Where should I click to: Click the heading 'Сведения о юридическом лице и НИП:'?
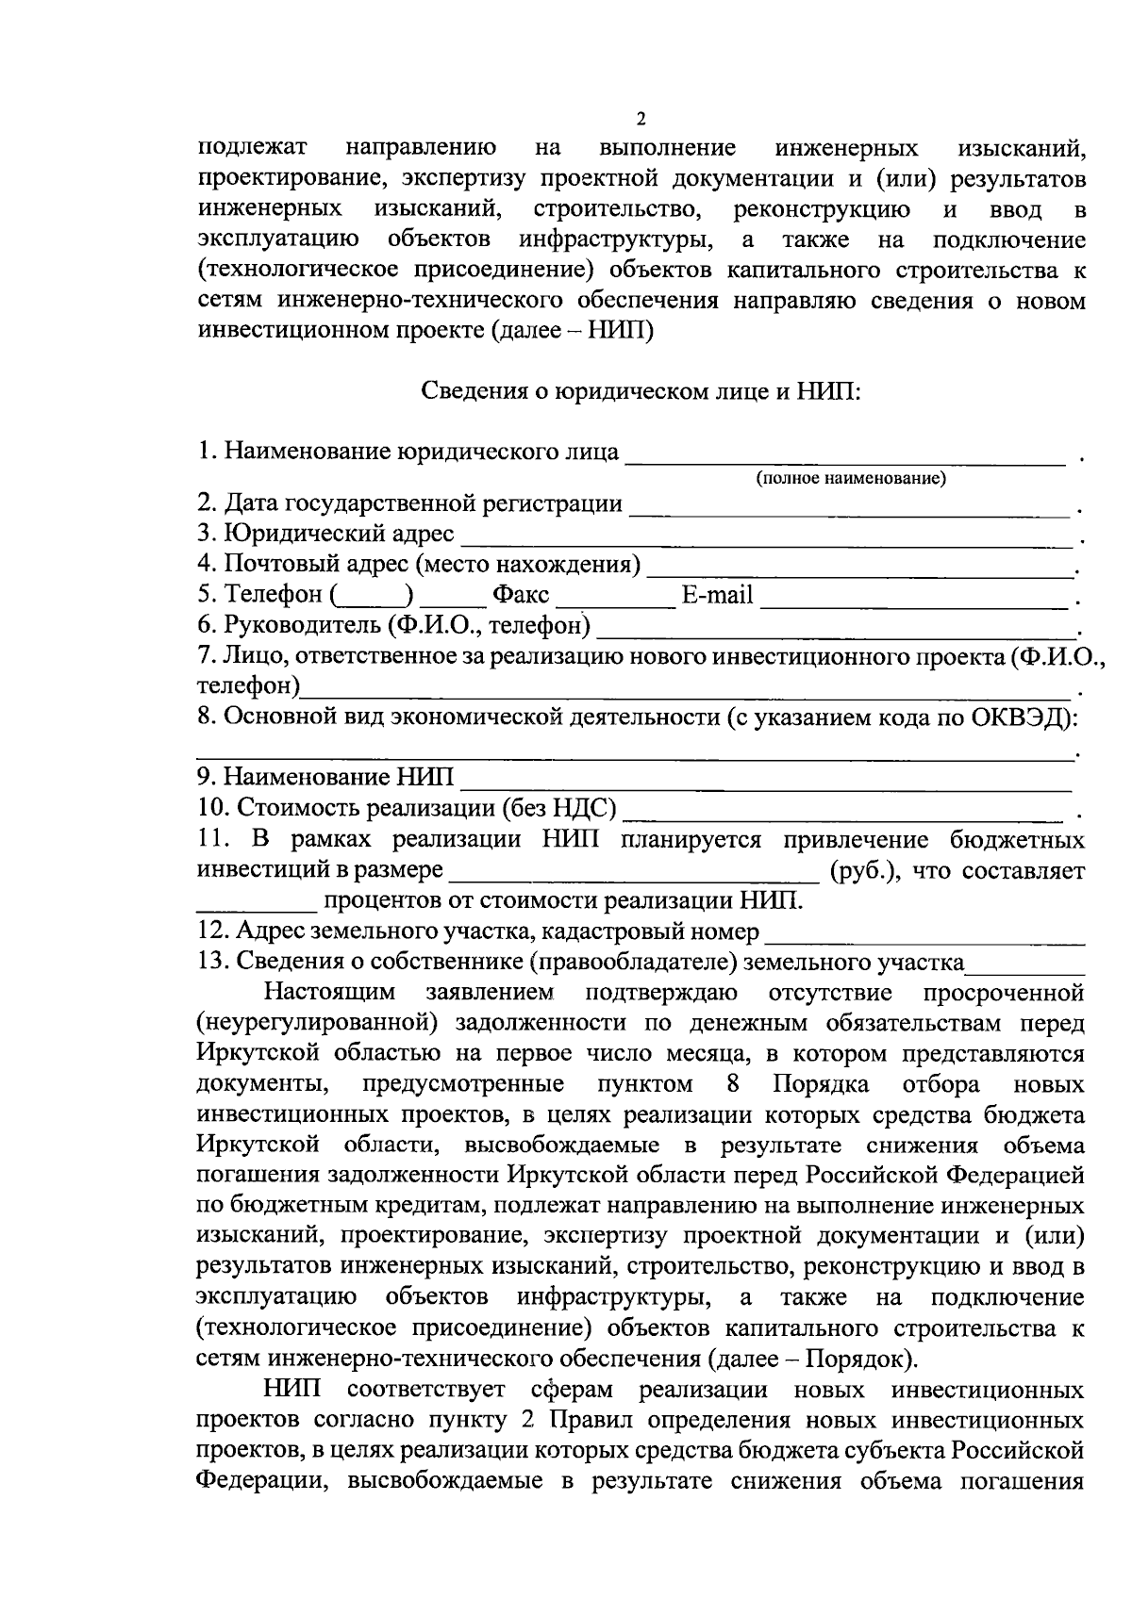click(x=641, y=390)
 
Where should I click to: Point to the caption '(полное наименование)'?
click(x=851, y=478)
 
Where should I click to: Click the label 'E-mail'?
click(x=717, y=595)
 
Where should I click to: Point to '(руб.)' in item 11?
click(x=858, y=870)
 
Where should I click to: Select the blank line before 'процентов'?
click(x=257, y=909)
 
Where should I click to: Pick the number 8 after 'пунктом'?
click(x=731, y=1083)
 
